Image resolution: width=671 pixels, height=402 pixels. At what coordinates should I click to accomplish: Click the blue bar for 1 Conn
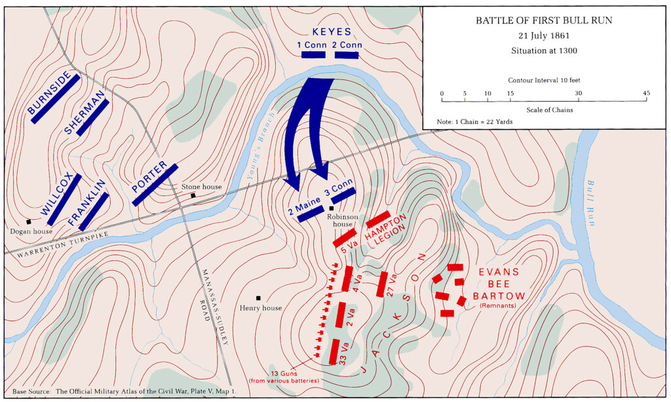coord(314,55)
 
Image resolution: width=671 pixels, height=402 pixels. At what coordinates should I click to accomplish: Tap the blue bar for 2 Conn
coord(347,55)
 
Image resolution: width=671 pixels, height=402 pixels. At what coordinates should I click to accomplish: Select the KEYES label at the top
coord(332,31)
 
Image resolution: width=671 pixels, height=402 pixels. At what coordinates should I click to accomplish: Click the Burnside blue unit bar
coord(54,98)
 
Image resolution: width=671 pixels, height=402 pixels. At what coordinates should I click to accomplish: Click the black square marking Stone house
coord(193,195)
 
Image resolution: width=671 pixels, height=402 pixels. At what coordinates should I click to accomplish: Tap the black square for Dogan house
coord(29,222)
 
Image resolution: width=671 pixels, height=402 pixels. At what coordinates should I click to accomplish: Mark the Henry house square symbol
coord(259,298)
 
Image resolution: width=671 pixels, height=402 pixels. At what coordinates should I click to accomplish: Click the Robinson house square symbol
coord(332,209)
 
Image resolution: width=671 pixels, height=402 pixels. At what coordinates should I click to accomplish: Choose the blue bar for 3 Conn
coord(343,195)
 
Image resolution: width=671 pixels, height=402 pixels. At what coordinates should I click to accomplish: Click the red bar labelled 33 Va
coord(334,352)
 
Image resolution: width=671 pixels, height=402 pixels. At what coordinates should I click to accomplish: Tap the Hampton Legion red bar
coord(378,219)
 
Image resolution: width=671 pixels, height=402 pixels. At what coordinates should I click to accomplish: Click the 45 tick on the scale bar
coord(647,94)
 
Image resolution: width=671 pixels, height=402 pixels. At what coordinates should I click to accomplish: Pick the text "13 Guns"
coord(285,372)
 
